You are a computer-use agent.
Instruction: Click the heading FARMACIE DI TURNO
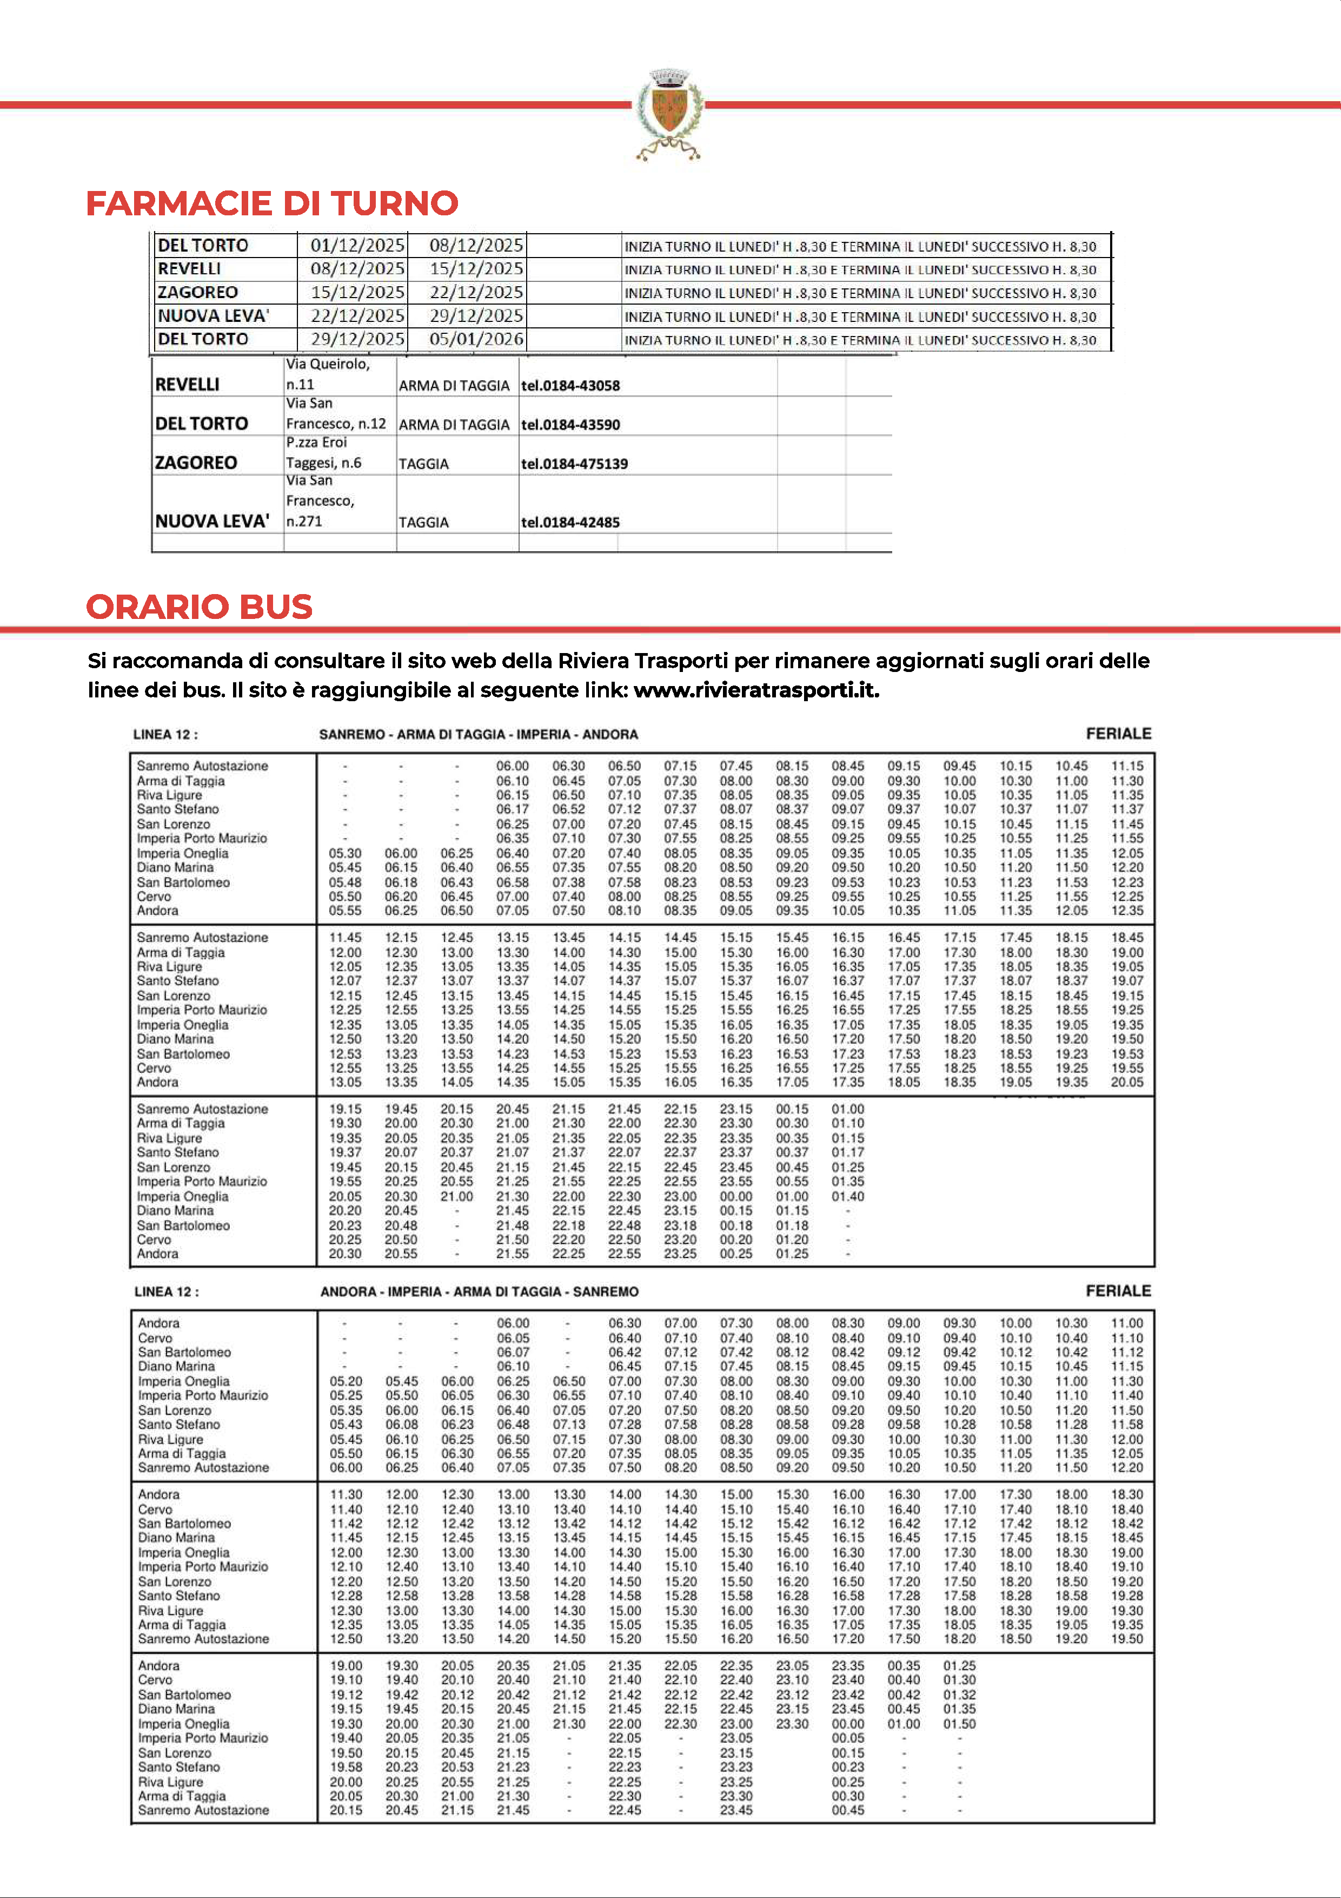pos(272,203)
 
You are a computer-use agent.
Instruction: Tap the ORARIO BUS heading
pos(199,607)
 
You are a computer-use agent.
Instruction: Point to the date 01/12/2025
pos(357,246)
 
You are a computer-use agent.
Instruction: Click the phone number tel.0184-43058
pos(570,385)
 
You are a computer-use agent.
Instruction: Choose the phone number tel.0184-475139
pos(574,464)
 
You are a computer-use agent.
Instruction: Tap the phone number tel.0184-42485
pos(570,523)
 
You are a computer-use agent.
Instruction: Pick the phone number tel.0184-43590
pos(570,425)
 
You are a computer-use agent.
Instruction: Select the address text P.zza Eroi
pos(316,442)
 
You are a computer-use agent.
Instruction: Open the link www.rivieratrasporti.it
pos(756,690)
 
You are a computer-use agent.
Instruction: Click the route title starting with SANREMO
pos(479,734)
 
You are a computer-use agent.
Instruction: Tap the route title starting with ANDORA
pos(479,1291)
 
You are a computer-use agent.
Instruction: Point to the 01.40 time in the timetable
pos(848,1196)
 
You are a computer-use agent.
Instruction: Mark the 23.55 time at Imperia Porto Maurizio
pos(735,1181)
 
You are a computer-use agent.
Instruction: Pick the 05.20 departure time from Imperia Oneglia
pos(346,1381)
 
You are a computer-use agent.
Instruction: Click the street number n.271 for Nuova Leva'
pos(304,522)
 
